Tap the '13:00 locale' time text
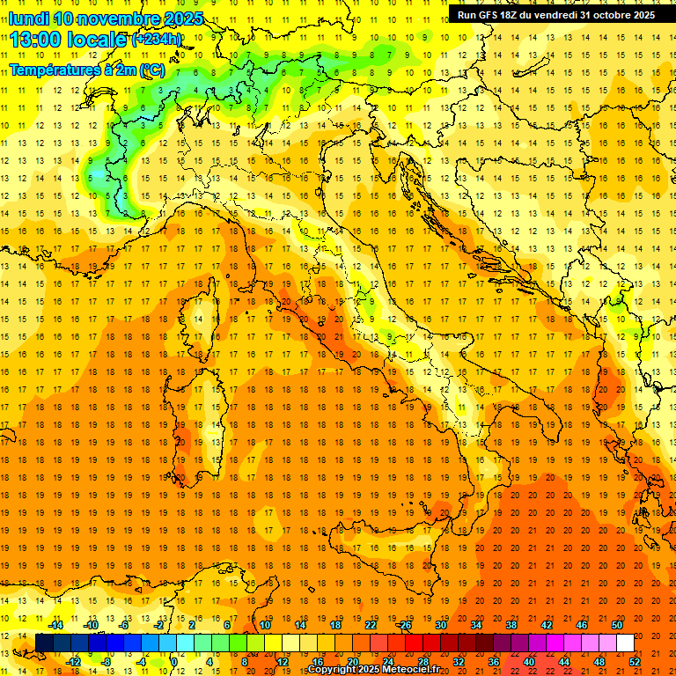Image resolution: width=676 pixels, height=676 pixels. pyautogui.click(x=70, y=40)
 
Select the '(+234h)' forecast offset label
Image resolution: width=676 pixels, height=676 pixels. pyautogui.click(x=157, y=40)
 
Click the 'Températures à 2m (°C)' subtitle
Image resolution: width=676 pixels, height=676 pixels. pyautogui.click(x=86, y=70)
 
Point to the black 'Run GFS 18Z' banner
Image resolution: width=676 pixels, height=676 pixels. pyautogui.click(x=556, y=15)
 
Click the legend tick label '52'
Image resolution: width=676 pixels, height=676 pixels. pyautogui.click(x=636, y=661)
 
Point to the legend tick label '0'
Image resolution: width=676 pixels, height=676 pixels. pyautogui.click(x=173, y=661)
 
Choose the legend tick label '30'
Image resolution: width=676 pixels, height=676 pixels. pyautogui.click(x=440, y=625)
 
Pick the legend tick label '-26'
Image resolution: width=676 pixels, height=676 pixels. pyautogui.click(x=404, y=625)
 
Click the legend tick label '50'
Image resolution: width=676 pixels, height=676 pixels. pyautogui.click(x=617, y=625)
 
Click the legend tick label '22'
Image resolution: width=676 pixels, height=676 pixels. pyautogui.click(x=370, y=625)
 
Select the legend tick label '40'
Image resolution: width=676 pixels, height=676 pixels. pyautogui.click(x=529, y=661)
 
